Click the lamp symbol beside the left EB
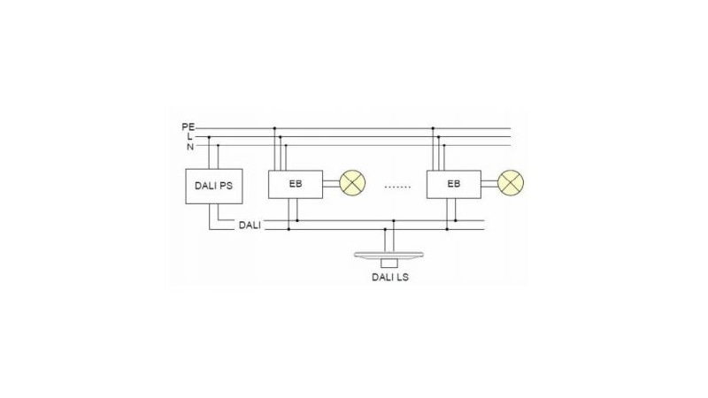point(352,183)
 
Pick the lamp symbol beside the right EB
point(511,183)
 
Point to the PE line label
point(189,126)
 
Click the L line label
point(190,136)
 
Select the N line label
point(190,147)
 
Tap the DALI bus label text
point(250,226)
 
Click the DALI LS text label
point(390,277)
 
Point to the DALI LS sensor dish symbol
point(389,256)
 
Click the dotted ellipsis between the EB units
point(397,187)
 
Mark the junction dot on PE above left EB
point(274,128)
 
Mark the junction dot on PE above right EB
point(433,128)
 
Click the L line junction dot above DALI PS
point(209,137)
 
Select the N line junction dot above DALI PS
point(218,145)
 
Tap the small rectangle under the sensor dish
point(389,264)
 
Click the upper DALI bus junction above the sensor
point(394,220)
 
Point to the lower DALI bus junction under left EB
point(289,229)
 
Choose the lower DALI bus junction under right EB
point(447,229)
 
